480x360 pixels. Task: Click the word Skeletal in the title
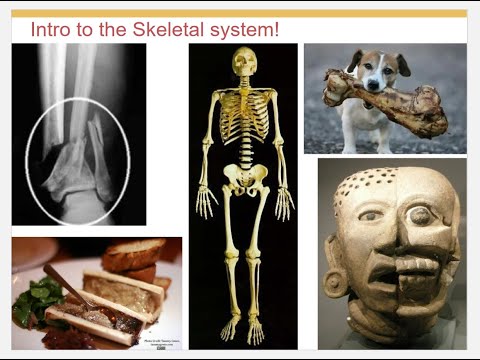(165, 29)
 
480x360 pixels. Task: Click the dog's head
(376, 70)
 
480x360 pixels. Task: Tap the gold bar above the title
(239, 13)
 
